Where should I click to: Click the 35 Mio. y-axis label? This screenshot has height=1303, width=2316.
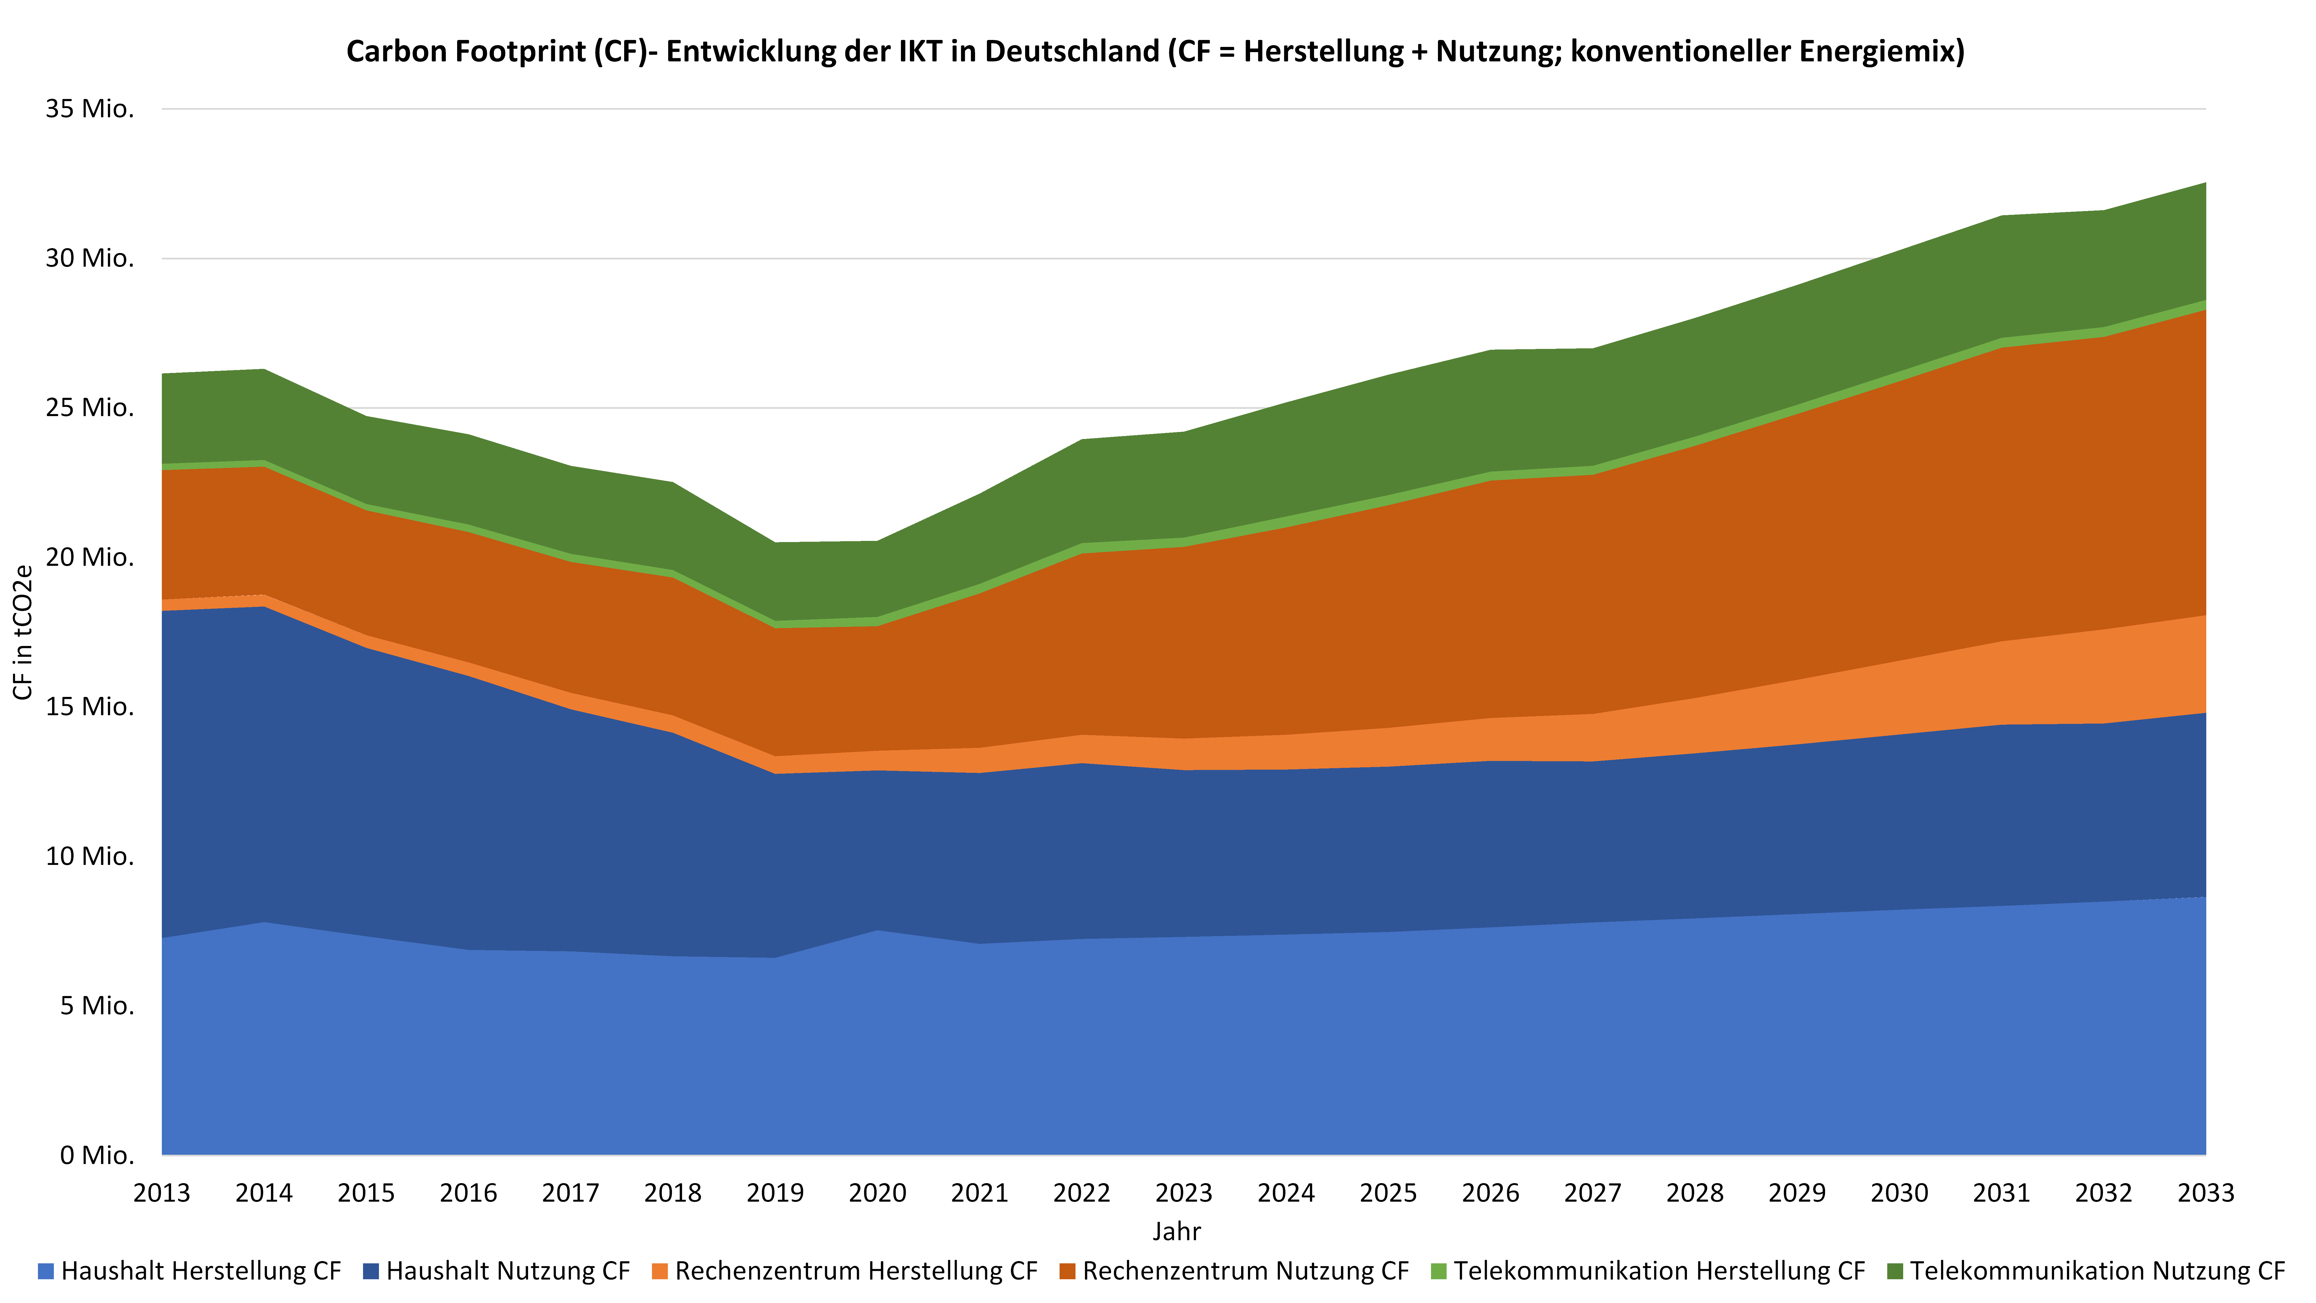click(90, 109)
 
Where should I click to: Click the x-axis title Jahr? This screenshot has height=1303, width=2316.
click(1176, 1231)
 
